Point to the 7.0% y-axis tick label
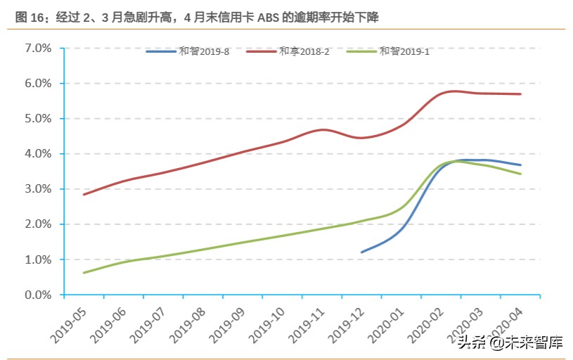coord(38,49)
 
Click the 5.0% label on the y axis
coord(38,119)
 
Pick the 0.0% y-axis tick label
coord(38,295)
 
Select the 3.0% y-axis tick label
coord(38,189)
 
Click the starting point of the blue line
coord(361,252)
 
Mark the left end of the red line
coord(84,194)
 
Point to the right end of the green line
coord(520,174)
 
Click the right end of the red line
coord(520,94)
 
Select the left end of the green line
coord(84,273)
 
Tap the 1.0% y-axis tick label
coord(38,260)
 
